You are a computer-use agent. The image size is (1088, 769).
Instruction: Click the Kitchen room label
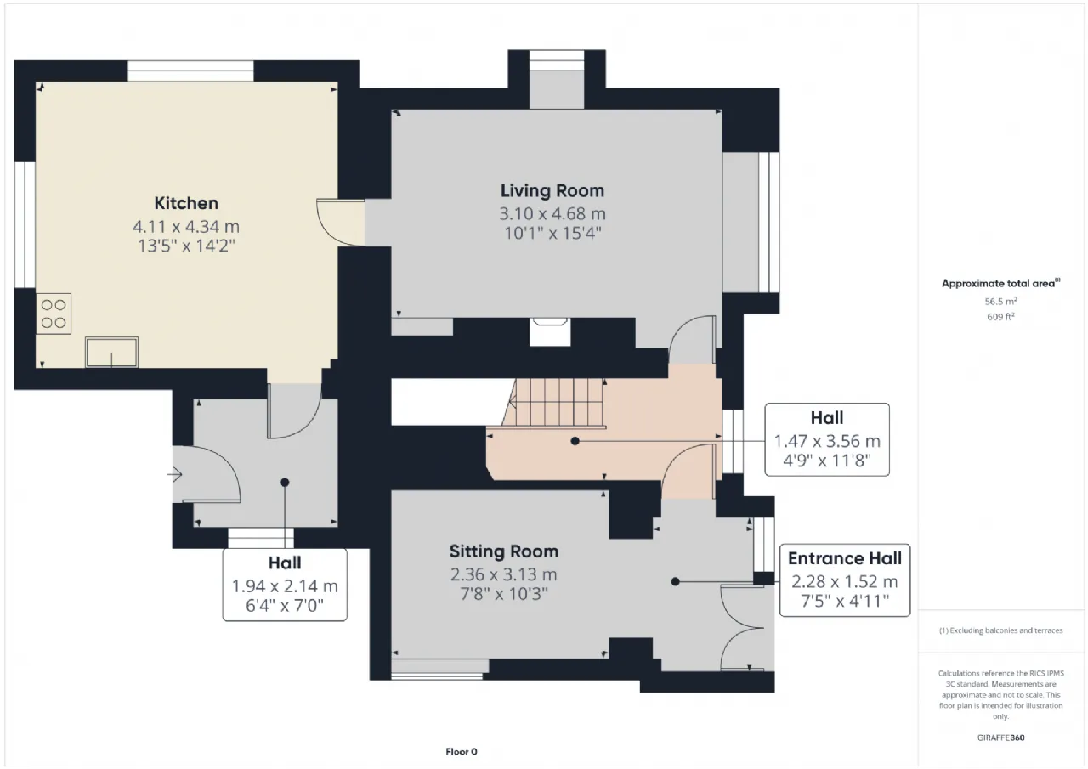click(x=186, y=203)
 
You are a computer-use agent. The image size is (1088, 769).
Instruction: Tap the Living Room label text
click(x=552, y=190)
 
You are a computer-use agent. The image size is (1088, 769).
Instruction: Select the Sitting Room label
click(x=504, y=551)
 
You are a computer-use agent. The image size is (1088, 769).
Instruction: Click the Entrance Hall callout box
click(x=845, y=580)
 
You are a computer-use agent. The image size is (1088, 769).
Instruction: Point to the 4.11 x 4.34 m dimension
click(x=186, y=226)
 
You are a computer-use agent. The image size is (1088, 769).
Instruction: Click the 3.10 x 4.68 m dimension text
click(x=552, y=213)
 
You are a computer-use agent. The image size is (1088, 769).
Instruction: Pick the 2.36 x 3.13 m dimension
click(x=504, y=574)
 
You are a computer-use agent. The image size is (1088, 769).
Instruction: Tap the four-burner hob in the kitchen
click(x=54, y=314)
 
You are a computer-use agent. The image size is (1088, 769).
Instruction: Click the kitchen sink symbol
click(x=111, y=352)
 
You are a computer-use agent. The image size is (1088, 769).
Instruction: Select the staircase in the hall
click(x=554, y=403)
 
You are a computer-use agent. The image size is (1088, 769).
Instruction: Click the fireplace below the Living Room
click(x=550, y=331)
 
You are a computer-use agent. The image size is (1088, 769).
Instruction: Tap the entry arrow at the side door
click(x=174, y=474)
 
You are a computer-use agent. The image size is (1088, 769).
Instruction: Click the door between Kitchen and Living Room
click(x=341, y=223)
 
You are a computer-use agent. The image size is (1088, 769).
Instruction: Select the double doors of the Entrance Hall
click(x=742, y=628)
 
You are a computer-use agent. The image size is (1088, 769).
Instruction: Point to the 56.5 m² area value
click(x=1000, y=301)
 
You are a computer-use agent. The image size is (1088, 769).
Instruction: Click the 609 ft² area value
click(x=1000, y=317)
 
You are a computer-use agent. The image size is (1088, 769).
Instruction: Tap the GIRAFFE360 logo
click(x=1000, y=738)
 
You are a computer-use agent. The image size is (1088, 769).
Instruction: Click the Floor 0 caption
click(x=462, y=751)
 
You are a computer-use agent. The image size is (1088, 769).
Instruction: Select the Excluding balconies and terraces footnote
click(x=1000, y=630)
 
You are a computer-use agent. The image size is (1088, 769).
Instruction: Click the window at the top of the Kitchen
click(x=190, y=71)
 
